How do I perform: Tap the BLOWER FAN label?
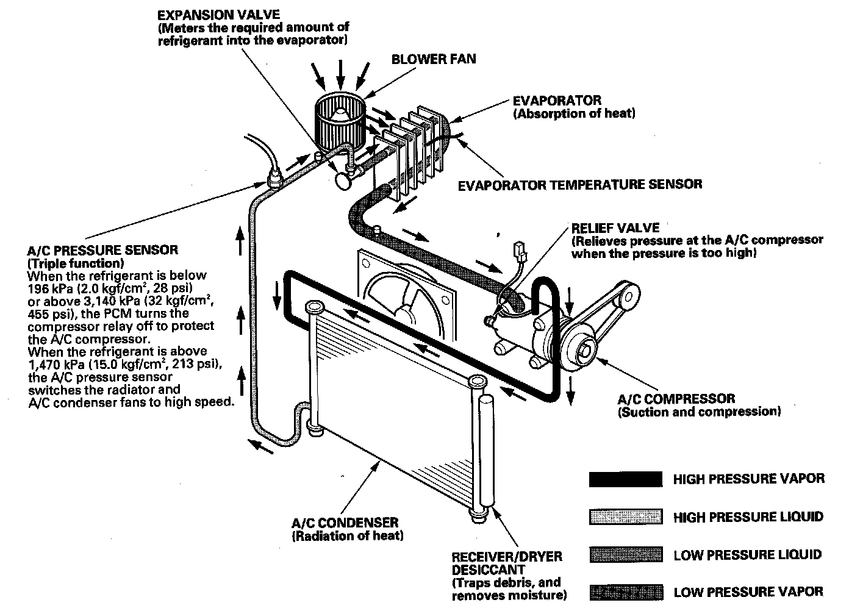tap(434, 59)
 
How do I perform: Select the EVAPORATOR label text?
tap(557, 100)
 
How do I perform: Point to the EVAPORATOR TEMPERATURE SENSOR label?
tap(580, 184)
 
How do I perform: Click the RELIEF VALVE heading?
tap(615, 228)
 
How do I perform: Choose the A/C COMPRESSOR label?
tap(676, 399)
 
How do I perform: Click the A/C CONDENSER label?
tap(345, 523)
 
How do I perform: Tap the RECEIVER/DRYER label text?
tap(507, 556)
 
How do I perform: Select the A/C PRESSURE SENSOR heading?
tap(103, 250)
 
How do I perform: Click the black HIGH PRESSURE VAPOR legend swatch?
tap(626, 479)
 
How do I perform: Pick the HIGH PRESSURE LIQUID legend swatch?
tap(626, 517)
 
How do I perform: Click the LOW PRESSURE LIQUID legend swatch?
tap(626, 555)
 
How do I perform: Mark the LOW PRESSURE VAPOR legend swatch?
tap(626, 591)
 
